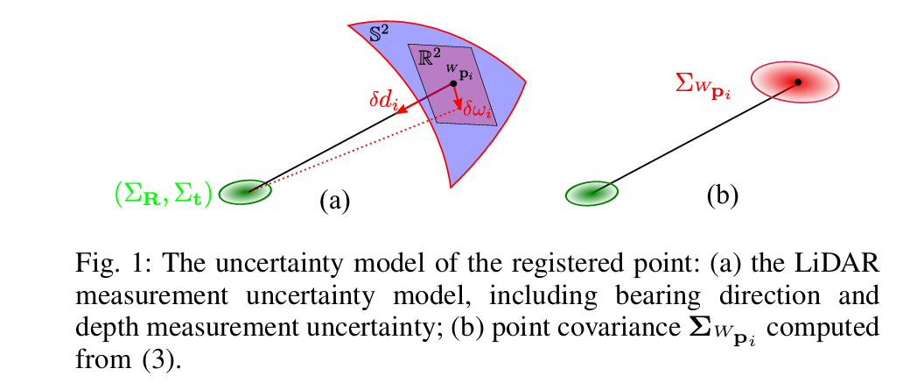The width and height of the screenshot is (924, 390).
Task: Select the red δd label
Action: pos(383,98)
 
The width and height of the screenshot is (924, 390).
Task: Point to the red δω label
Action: pos(479,110)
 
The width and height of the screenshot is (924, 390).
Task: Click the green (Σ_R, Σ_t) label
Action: pos(164,193)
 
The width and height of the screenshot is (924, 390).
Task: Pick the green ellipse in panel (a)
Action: pos(245,192)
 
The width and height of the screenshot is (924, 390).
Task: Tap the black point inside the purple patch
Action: pos(453,83)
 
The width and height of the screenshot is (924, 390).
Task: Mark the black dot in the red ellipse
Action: pos(798,82)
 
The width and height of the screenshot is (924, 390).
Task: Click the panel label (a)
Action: pos(334,201)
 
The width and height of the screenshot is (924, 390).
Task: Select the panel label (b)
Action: pos(722,195)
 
